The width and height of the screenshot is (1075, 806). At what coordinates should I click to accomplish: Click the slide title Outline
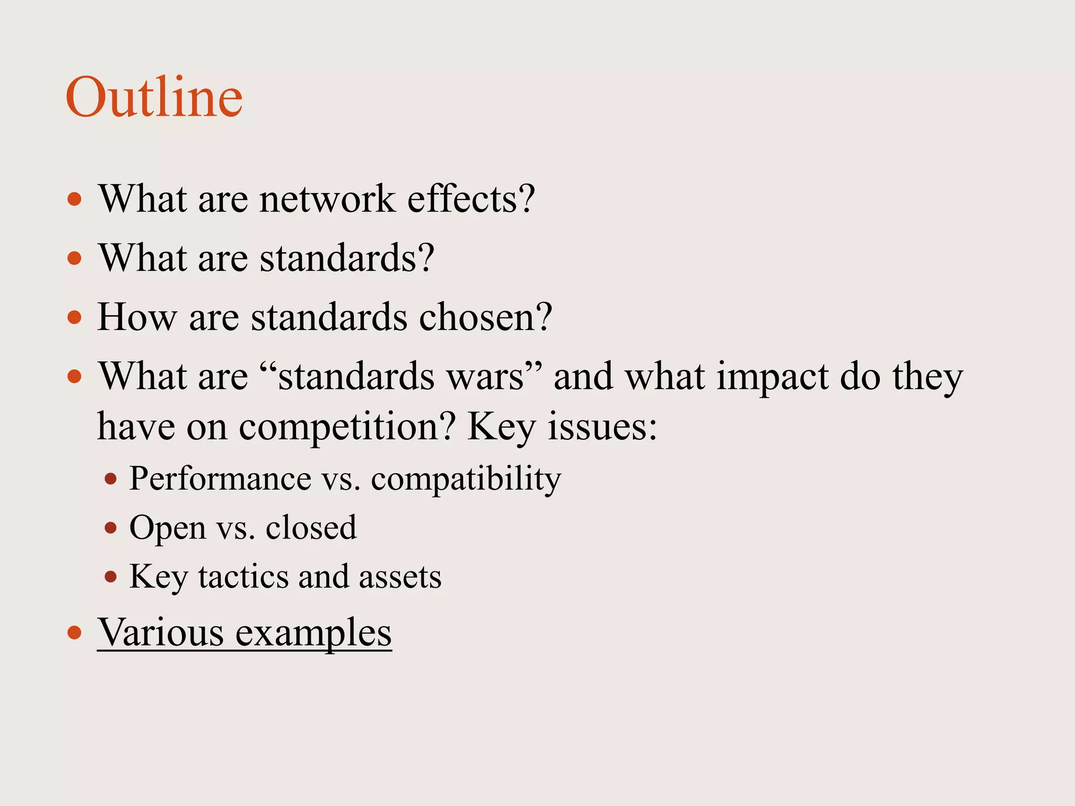(x=154, y=98)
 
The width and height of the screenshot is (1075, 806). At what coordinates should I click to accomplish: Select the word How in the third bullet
(x=136, y=317)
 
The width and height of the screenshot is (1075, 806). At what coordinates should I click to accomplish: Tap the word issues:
(x=602, y=427)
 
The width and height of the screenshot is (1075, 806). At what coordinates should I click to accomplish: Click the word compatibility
(x=466, y=479)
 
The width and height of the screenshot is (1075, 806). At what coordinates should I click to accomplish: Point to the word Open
(x=167, y=527)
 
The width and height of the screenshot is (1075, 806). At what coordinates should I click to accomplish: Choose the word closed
(x=311, y=527)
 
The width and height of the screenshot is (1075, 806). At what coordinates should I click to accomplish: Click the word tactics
(x=243, y=577)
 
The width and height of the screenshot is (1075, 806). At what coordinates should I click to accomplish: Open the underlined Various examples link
(x=244, y=632)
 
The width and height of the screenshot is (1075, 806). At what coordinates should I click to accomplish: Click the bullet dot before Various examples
(x=75, y=632)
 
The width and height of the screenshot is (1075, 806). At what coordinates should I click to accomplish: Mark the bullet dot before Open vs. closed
(x=110, y=527)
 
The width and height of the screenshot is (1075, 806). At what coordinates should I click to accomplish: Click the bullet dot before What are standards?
(x=75, y=258)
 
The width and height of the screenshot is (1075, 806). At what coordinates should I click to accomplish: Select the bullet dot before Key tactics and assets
(x=110, y=577)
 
